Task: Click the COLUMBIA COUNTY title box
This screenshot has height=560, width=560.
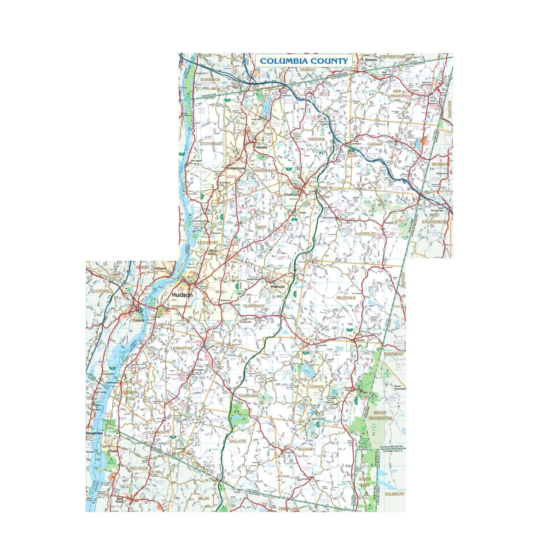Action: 304,61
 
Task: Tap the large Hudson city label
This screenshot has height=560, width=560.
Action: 182,295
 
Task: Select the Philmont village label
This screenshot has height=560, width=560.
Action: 278,286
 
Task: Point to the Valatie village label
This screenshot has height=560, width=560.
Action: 262,147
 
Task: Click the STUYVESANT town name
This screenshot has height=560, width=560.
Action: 211,144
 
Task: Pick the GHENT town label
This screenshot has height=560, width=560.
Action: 261,227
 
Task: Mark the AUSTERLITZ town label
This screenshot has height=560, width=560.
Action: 365,234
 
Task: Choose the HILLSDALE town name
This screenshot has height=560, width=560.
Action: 346,298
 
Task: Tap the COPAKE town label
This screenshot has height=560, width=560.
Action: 316,387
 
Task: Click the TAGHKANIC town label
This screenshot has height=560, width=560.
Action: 248,396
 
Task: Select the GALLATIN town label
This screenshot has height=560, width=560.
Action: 238,441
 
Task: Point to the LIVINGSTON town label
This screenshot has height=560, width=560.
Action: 181,349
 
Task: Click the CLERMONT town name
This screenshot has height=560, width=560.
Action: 158,433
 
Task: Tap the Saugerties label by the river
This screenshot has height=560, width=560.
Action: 94,433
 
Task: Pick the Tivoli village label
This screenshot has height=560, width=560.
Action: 113,451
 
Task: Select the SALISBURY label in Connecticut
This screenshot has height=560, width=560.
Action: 395,494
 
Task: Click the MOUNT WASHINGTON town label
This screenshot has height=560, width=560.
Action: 380,415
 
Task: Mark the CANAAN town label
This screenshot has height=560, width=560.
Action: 374,144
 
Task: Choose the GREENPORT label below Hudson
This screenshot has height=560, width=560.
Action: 181,306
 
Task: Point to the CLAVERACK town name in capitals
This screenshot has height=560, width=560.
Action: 254,306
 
